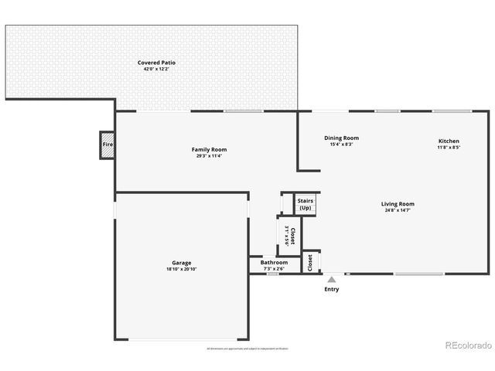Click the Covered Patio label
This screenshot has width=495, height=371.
coord(155,63)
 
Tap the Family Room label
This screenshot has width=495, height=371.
coord(209,149)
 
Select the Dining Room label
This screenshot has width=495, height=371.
coord(341,138)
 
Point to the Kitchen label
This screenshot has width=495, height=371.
coord(449,141)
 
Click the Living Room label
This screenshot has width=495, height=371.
coord(398,204)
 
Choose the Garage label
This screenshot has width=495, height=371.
coord(182,263)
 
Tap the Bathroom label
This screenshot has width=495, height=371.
coord(274,263)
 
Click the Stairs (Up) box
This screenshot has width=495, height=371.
coord(306,205)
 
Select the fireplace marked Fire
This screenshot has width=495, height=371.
coord(108,145)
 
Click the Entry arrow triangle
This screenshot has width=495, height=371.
coord(331,279)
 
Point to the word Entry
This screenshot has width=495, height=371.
coord(331,289)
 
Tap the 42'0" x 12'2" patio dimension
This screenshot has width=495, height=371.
coord(155,69)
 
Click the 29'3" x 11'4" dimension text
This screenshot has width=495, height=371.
coord(209,156)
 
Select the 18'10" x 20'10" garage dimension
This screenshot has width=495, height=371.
coord(182,269)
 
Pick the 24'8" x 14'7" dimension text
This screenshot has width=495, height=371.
coord(398,210)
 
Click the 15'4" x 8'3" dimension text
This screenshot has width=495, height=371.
coord(341,145)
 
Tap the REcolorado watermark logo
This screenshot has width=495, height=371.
coord(466,345)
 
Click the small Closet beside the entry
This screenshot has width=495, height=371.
coord(309,263)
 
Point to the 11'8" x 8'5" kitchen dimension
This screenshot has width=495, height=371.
coord(449,148)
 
